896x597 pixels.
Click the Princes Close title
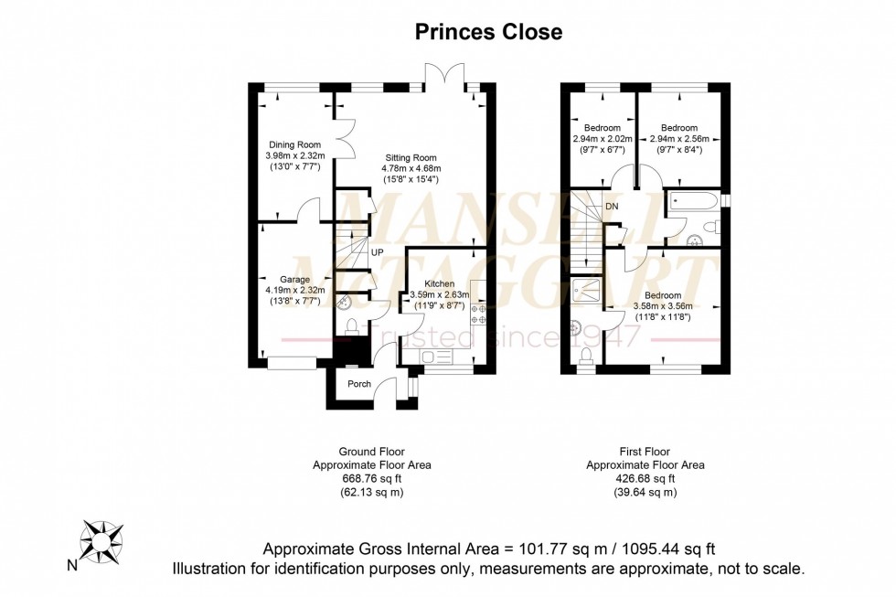(488, 32)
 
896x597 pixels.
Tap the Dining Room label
(294, 145)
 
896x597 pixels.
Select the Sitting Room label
(411, 157)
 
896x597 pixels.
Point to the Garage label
(294, 280)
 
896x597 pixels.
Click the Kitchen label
(440, 284)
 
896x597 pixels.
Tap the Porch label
(359, 384)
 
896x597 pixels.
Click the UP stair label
(377, 252)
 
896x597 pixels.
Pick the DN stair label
(612, 207)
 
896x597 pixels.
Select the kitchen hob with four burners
(478, 314)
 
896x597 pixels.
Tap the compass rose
(101, 541)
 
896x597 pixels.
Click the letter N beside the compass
(72, 566)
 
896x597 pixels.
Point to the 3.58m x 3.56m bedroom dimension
(663, 306)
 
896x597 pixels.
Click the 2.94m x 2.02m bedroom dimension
(603, 139)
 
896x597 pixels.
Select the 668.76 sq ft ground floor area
(372, 479)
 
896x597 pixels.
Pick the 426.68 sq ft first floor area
(645, 479)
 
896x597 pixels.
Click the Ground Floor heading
(372, 452)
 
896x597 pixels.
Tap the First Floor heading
(645, 452)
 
